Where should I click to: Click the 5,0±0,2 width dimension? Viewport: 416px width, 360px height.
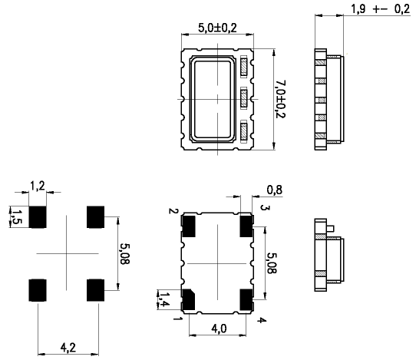coord(216,27)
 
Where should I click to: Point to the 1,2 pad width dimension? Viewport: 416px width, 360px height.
coord(37,186)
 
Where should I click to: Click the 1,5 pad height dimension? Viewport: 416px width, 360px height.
coord(13,216)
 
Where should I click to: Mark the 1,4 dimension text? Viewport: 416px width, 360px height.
coord(162,297)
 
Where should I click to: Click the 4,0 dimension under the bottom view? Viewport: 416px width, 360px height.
coord(218,329)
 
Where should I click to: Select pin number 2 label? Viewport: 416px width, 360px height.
coord(175,211)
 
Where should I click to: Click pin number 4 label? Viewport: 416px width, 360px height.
coord(262,319)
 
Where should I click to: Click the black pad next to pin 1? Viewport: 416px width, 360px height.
coord(189,298)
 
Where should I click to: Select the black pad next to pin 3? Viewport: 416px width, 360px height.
coord(246,225)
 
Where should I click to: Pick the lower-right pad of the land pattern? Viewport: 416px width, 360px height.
coord(96,289)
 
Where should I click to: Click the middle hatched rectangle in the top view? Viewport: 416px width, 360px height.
coord(244,98)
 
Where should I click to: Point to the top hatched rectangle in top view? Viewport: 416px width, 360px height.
coord(244,67)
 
